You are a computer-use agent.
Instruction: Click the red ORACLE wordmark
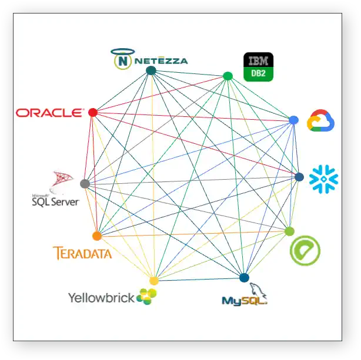pyautogui.click(x=49, y=112)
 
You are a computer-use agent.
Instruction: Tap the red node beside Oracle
pyautogui.click(x=92, y=112)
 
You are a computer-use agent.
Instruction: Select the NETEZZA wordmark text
pyautogui.click(x=160, y=60)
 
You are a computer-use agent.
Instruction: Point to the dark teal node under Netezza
pyautogui.click(x=151, y=70)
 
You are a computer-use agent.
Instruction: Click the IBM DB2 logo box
pyautogui.click(x=258, y=67)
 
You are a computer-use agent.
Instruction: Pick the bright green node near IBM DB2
pyautogui.click(x=228, y=76)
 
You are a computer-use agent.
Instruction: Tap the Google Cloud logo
pyautogui.click(x=320, y=120)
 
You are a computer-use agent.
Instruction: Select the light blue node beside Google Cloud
pyautogui.click(x=293, y=120)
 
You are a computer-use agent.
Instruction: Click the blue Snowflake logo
pyautogui.click(x=324, y=179)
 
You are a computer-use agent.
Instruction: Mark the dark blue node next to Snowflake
pyautogui.click(x=299, y=177)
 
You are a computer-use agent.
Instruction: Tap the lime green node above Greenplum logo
pyautogui.click(x=289, y=231)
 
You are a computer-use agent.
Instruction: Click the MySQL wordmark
pyautogui.click(x=243, y=300)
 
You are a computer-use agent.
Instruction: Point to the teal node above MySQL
pyautogui.click(x=244, y=278)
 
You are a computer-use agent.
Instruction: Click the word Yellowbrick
pyautogui.click(x=101, y=298)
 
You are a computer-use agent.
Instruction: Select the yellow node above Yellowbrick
pyautogui.click(x=154, y=281)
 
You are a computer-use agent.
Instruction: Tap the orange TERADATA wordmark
pyautogui.click(x=82, y=254)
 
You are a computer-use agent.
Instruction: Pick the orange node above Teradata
pyautogui.click(x=97, y=236)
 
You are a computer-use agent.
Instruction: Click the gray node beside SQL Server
pyautogui.click(x=85, y=184)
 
